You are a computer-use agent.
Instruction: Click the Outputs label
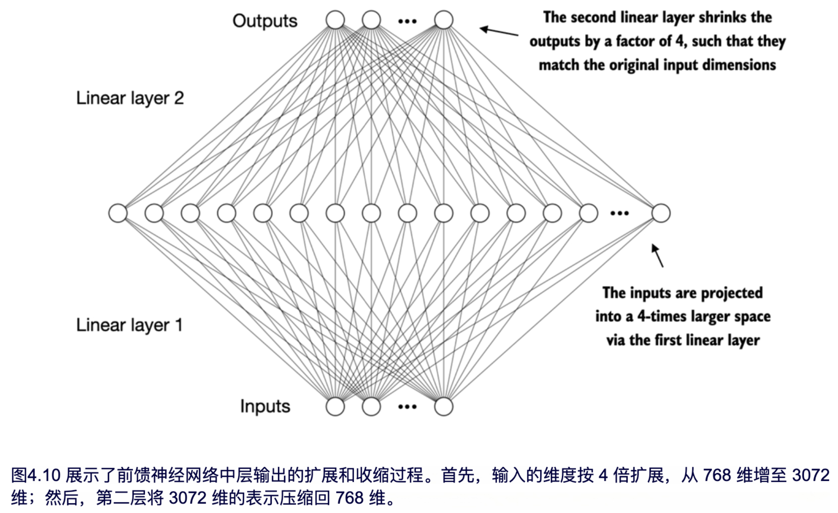pyautogui.click(x=265, y=21)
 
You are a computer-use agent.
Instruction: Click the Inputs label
pyautogui.click(x=265, y=406)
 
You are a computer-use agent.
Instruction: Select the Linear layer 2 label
pyautogui.click(x=130, y=98)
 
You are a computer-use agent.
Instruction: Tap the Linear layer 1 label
pyautogui.click(x=129, y=325)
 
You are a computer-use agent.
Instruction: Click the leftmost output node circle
pyautogui.click(x=335, y=20)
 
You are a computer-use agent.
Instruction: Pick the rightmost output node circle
pyautogui.click(x=443, y=20)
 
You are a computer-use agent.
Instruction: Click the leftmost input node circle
pyautogui.click(x=335, y=406)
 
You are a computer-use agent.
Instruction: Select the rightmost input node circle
pyautogui.click(x=443, y=406)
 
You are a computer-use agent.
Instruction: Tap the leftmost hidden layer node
pyautogui.click(x=118, y=213)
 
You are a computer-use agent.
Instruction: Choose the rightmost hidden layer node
pyautogui.click(x=661, y=213)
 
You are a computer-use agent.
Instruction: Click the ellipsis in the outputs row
pyautogui.click(x=407, y=21)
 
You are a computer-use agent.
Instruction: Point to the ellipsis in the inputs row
pyautogui.click(x=407, y=407)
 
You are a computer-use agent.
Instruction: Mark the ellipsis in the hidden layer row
pyautogui.click(x=619, y=213)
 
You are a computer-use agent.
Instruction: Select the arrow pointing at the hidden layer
pyautogui.click(x=657, y=255)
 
